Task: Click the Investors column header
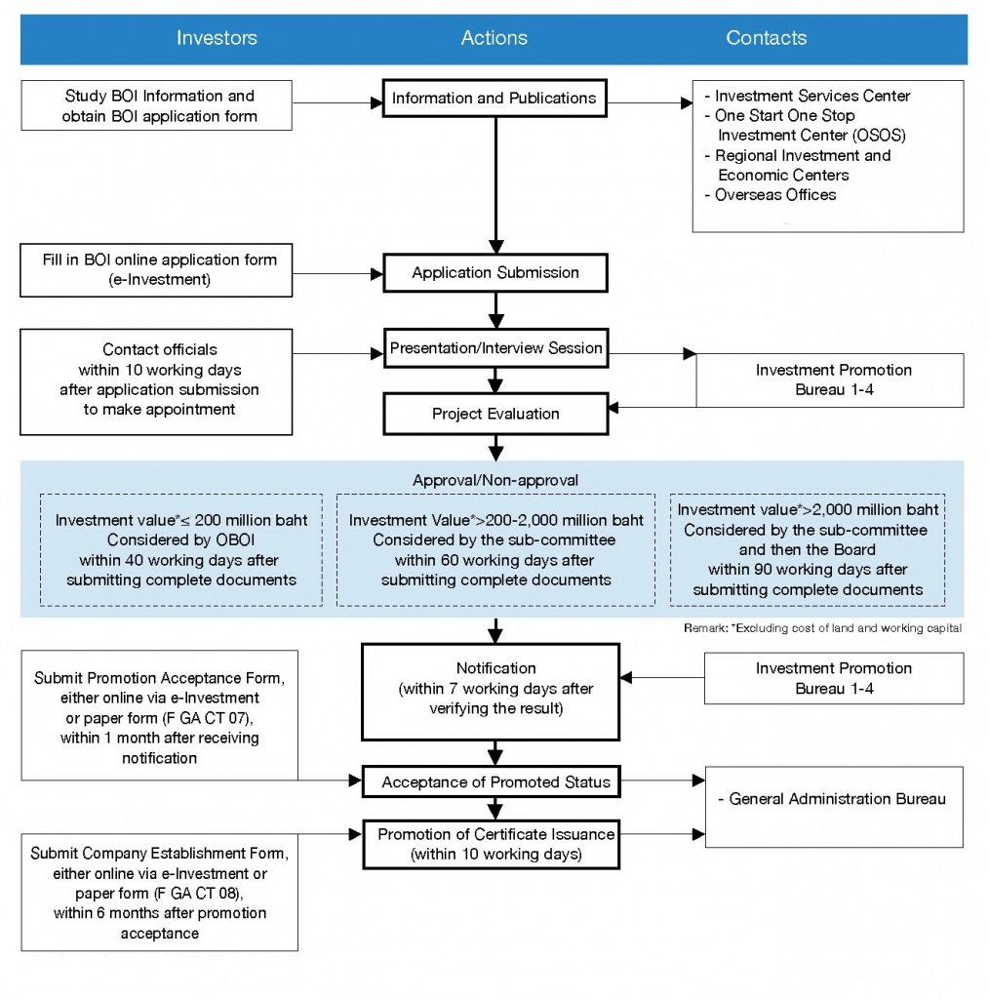[217, 38]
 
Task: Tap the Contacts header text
[766, 38]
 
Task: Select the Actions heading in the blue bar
[494, 38]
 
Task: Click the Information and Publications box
[494, 99]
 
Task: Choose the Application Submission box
[495, 273]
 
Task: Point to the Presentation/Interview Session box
[496, 348]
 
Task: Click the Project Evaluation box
[496, 414]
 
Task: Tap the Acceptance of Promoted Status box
[492, 781]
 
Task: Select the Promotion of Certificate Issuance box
[492, 844]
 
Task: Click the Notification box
[491, 692]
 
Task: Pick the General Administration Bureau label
[832, 799]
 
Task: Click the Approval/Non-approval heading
[495, 480]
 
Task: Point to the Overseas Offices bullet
[770, 195]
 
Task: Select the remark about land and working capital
[823, 628]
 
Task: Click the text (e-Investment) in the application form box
[160, 280]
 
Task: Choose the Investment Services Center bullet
[808, 97]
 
